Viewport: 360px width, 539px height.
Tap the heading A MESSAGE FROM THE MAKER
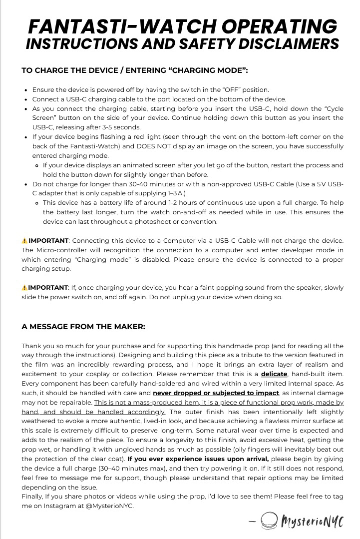tap(83, 327)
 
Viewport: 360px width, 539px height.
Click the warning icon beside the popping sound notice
tap(24, 287)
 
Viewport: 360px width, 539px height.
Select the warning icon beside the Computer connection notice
tap(24, 240)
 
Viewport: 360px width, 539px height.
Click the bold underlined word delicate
tap(274, 374)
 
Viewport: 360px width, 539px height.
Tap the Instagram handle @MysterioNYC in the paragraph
tap(113, 505)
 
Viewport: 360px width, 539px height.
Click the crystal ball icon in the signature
tap(270, 522)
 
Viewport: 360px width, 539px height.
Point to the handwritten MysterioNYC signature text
tap(313, 522)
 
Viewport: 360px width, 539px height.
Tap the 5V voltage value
tap(321, 184)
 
